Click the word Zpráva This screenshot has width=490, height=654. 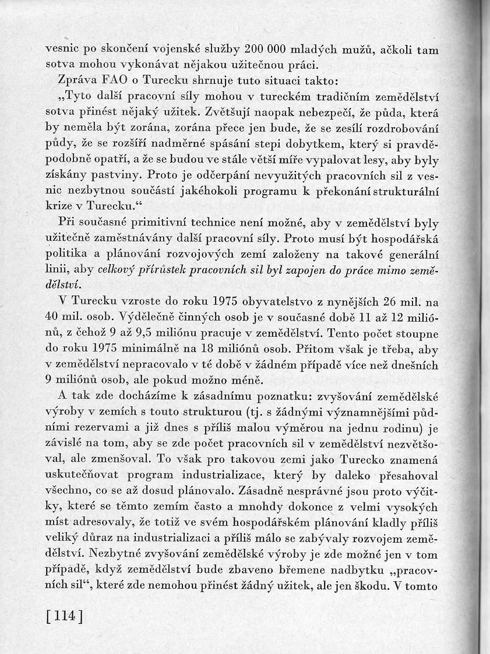pyautogui.click(x=77, y=80)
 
